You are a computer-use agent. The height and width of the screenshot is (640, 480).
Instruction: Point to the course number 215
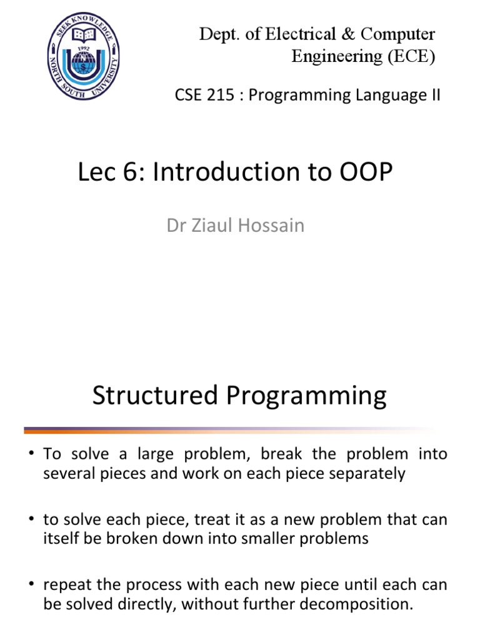(x=212, y=96)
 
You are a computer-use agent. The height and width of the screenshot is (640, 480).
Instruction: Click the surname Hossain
(x=272, y=225)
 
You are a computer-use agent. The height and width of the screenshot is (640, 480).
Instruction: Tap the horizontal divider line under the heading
(x=225, y=430)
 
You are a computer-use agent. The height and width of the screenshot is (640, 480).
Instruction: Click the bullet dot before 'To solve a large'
(x=31, y=454)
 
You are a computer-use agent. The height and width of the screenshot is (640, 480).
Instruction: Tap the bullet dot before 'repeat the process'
(x=31, y=585)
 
